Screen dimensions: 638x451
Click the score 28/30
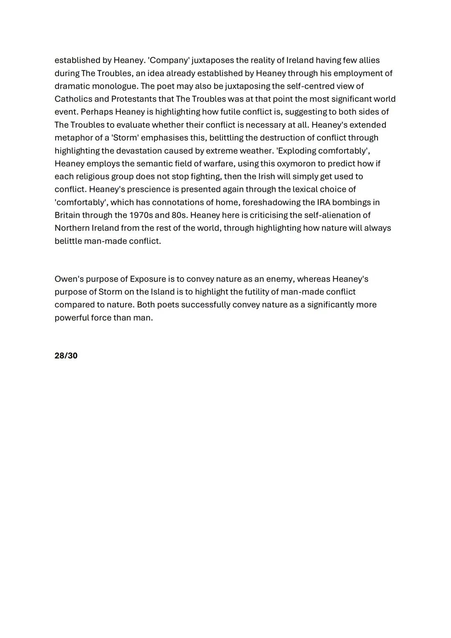click(66, 356)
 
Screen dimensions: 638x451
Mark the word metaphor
click(73, 138)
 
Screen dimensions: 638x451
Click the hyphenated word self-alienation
click(339, 216)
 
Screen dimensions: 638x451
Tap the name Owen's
click(69, 279)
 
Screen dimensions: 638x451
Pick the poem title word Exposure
click(148, 279)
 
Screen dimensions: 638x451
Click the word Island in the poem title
click(162, 292)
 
